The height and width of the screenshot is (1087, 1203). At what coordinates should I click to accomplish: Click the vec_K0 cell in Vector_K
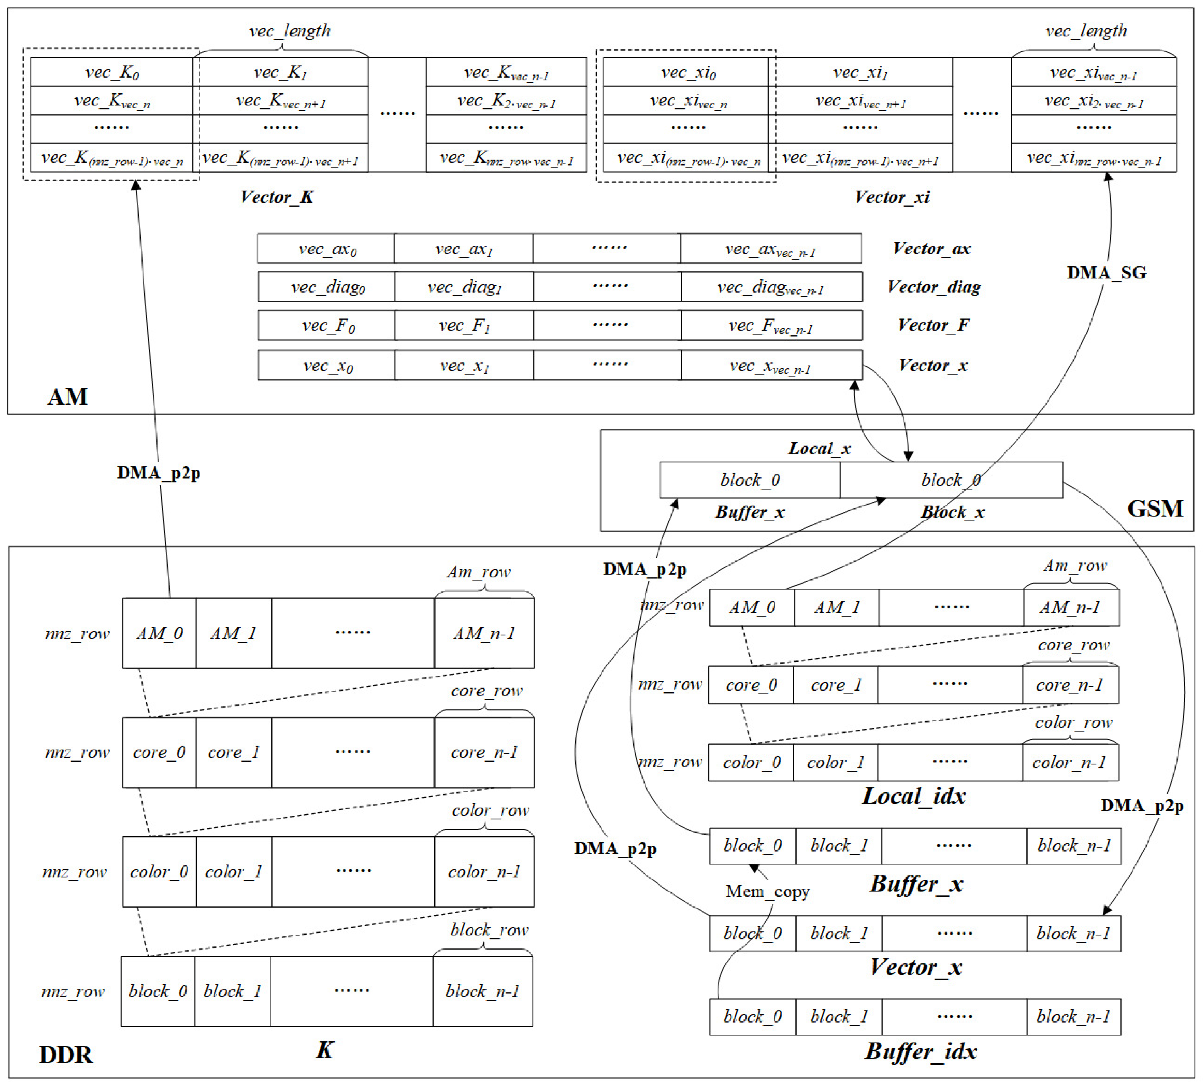click(x=112, y=72)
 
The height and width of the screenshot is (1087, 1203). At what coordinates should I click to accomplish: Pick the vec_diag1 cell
click(x=464, y=287)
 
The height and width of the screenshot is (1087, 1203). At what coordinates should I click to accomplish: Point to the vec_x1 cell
click(x=464, y=365)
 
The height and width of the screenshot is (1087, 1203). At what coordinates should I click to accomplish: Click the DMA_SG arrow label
click(x=1106, y=273)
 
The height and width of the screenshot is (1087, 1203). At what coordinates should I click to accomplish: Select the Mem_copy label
click(x=767, y=891)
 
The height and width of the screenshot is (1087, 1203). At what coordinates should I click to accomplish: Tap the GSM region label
click(x=1155, y=508)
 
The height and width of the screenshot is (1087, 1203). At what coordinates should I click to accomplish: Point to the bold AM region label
click(x=68, y=396)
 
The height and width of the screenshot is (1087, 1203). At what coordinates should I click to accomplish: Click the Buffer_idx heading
click(x=921, y=1051)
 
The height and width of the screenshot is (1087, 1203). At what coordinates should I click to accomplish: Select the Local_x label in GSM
click(x=819, y=448)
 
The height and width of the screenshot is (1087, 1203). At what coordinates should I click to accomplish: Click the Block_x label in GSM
click(x=952, y=512)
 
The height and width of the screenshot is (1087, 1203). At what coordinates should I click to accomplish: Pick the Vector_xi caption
click(x=891, y=197)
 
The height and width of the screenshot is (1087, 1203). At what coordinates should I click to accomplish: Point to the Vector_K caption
click(x=276, y=197)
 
